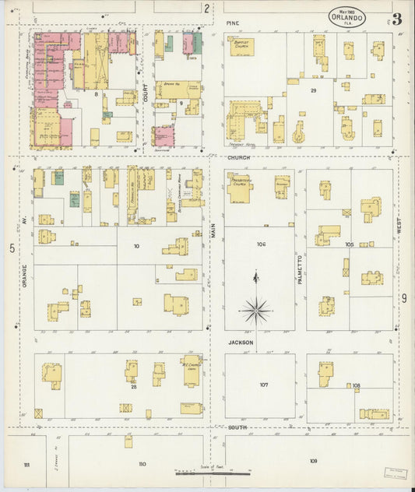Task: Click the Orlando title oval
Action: pos(360,16)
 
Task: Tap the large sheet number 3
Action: pos(396,19)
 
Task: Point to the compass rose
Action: pos(256,311)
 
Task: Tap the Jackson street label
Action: pos(241,343)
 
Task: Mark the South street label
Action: pos(238,428)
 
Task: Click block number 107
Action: pos(264,385)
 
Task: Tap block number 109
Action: pos(312,461)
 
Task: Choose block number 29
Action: pos(313,91)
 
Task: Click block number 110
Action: pos(142,463)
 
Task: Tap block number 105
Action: pos(350,244)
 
